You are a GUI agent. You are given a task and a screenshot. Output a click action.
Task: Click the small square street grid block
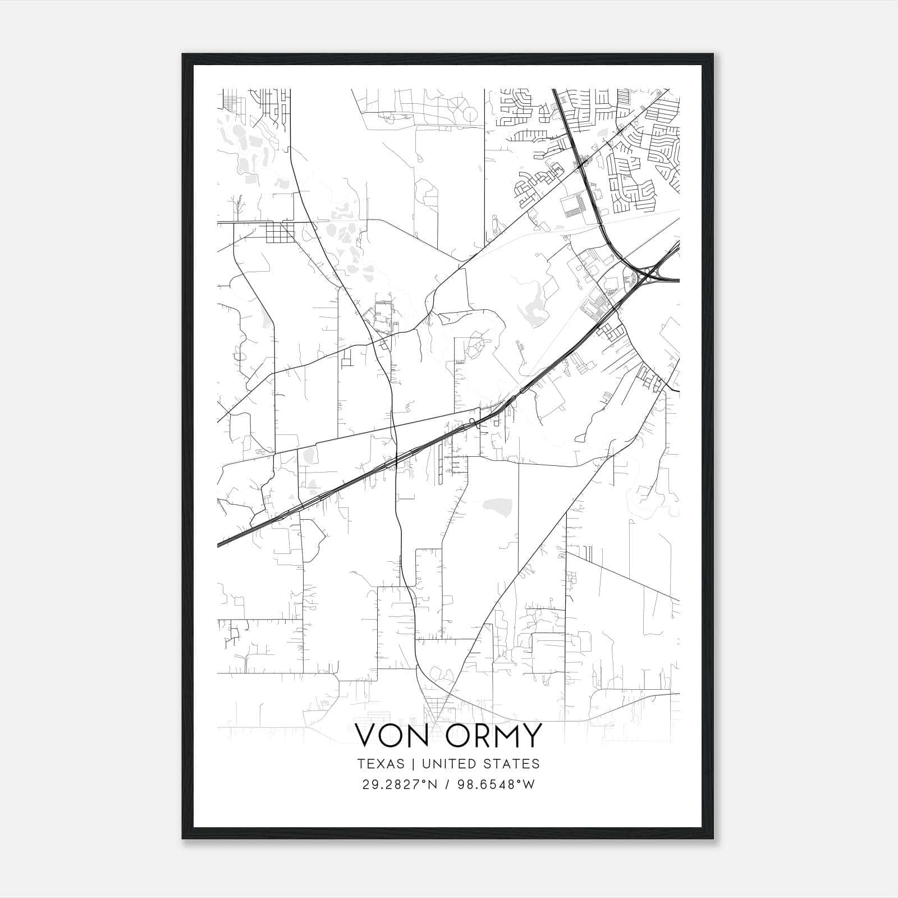(x=279, y=232)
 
